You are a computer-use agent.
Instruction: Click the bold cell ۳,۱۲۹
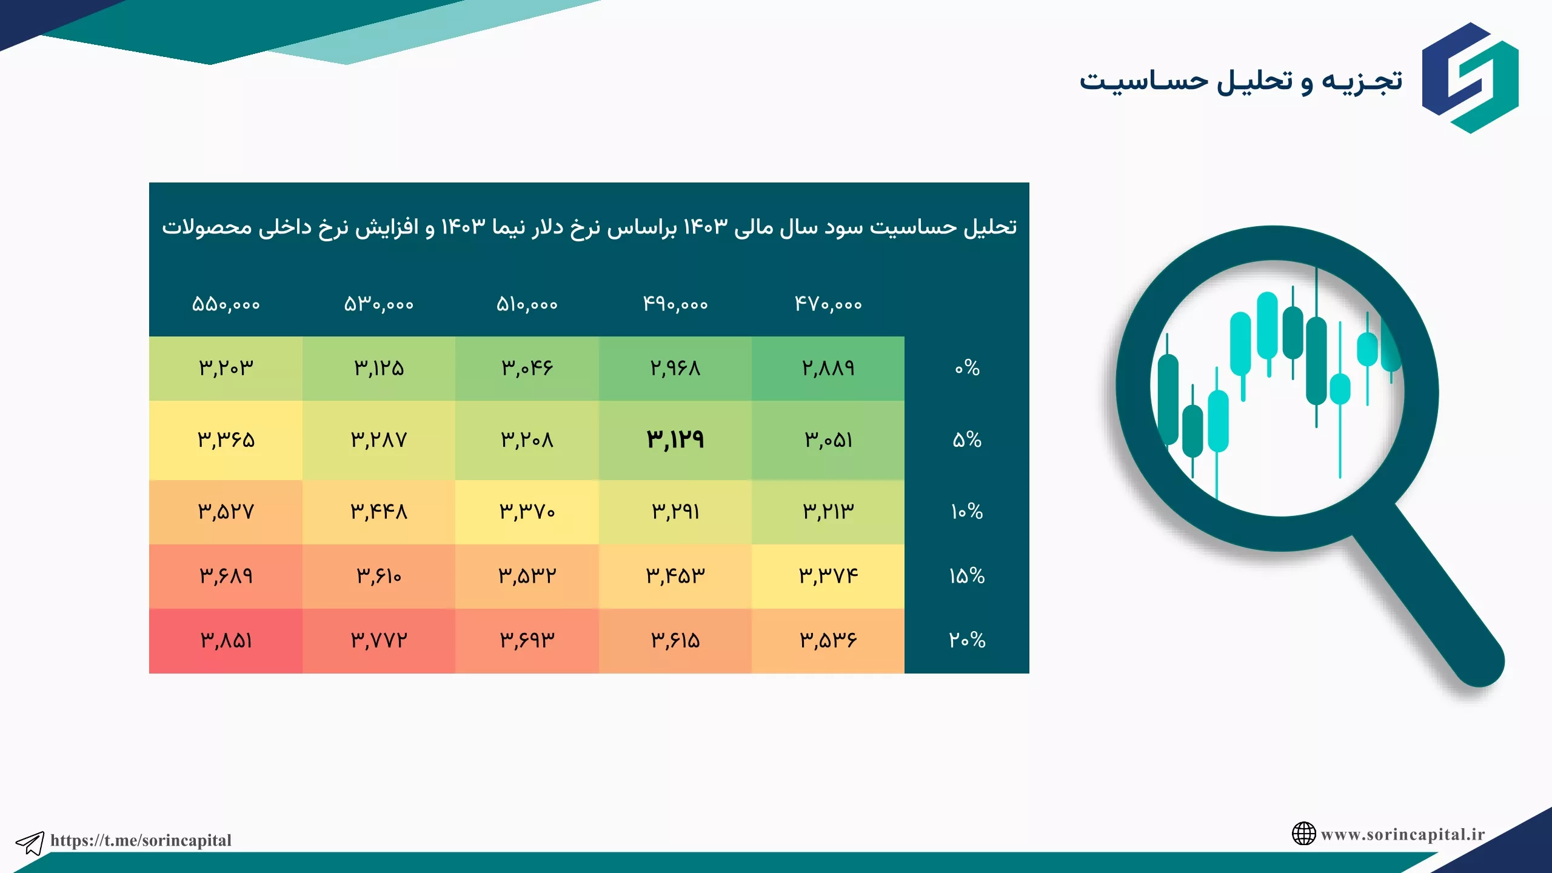pyautogui.click(x=675, y=440)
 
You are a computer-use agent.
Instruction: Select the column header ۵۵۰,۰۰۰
pyautogui.click(x=226, y=304)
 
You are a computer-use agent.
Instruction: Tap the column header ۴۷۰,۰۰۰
pyautogui.click(x=828, y=304)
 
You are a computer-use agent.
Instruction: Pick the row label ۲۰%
pyautogui.click(x=967, y=640)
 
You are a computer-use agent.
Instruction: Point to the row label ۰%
pyautogui.click(x=967, y=367)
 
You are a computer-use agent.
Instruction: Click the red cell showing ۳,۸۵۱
pyautogui.click(x=226, y=641)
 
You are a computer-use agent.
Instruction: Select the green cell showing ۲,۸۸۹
pyautogui.click(x=828, y=369)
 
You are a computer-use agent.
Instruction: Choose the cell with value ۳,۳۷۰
pyautogui.click(x=527, y=512)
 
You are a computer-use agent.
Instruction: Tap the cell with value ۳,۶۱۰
pyautogui.click(x=379, y=577)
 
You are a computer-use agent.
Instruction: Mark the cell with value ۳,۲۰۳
pyautogui.click(x=226, y=369)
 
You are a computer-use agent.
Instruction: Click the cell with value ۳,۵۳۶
pyautogui.click(x=828, y=641)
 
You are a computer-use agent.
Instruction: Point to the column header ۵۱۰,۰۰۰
pyautogui.click(x=527, y=304)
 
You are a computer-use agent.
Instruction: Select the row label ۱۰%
pyautogui.click(x=967, y=512)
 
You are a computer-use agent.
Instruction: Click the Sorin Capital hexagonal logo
pyautogui.click(x=1470, y=78)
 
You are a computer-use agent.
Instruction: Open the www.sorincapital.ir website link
pyautogui.click(x=1403, y=835)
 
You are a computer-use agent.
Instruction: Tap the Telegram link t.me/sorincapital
pyautogui.click(x=141, y=840)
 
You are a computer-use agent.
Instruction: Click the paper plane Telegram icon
pyautogui.click(x=30, y=843)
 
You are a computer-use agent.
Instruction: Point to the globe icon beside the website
pyautogui.click(x=1303, y=834)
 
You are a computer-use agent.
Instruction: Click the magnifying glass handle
pyautogui.click(x=1437, y=606)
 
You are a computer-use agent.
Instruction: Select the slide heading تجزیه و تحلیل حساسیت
pyautogui.click(x=1241, y=81)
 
